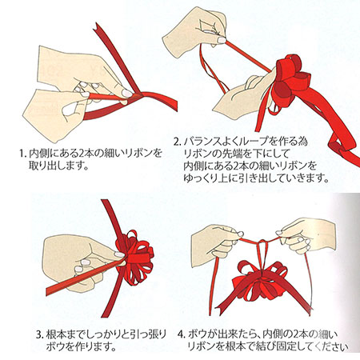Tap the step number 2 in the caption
pos(177,142)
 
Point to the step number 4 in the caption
pos(182,334)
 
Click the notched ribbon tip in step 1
pos(97,26)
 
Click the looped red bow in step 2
pos(290,80)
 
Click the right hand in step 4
pos(306,234)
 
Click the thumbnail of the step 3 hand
pos(120,254)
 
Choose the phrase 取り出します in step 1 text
pos(58,166)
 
